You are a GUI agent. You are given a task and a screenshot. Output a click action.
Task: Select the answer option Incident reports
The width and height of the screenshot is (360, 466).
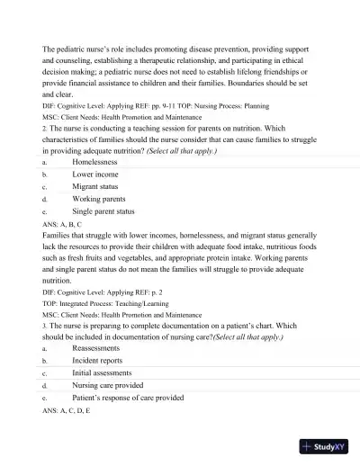[97, 360]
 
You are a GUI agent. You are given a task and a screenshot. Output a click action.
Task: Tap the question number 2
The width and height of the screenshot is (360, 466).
[44, 128]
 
